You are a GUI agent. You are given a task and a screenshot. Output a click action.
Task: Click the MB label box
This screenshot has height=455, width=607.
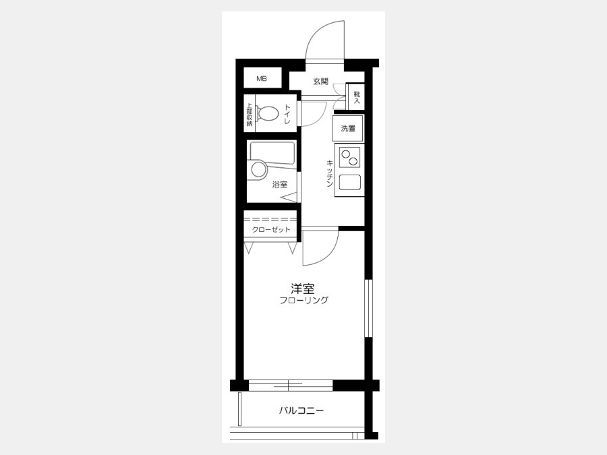click(262, 79)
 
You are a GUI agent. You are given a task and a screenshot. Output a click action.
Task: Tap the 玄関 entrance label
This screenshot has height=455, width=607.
click(320, 82)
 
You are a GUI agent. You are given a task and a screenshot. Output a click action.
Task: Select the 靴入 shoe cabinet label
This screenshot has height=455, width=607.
click(357, 97)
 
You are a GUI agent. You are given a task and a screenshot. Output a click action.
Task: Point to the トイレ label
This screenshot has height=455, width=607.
click(287, 114)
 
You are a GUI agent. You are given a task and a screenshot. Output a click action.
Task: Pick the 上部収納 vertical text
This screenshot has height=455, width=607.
click(250, 114)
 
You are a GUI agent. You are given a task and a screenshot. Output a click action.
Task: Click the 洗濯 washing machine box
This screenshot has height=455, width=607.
click(347, 128)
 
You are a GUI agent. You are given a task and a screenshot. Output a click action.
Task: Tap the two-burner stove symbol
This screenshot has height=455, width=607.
click(349, 156)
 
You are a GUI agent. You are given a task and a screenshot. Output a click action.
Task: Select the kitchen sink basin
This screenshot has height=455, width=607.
click(349, 182)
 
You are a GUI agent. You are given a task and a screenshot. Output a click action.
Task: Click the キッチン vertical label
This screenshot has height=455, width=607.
click(329, 173)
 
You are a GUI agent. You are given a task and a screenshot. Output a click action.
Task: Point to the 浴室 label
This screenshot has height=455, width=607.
click(279, 185)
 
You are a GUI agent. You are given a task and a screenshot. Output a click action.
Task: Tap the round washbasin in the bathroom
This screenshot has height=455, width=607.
click(258, 169)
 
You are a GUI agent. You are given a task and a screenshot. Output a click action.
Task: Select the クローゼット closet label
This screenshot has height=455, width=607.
click(271, 229)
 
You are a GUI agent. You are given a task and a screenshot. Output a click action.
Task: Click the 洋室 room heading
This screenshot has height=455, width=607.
click(303, 289)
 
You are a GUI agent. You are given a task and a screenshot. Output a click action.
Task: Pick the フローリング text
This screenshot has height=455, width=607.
click(304, 300)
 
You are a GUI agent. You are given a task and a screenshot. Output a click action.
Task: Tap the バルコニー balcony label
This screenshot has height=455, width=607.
click(301, 411)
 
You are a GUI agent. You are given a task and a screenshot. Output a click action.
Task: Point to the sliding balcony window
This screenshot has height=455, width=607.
click(290, 386)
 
